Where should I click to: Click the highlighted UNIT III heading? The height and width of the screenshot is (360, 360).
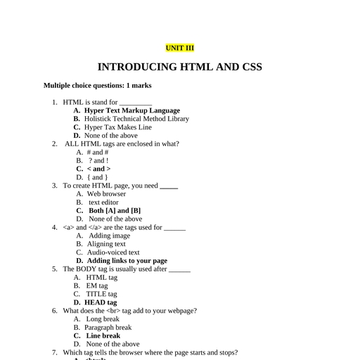click(x=179, y=48)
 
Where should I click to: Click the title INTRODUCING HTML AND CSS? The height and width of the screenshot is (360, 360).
click(x=179, y=67)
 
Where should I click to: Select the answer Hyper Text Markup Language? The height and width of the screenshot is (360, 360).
click(x=131, y=110)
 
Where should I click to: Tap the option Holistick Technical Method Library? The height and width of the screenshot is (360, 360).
click(x=136, y=119)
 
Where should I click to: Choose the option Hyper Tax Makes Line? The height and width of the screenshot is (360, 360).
click(x=117, y=127)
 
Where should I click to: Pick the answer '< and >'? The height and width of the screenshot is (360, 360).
click(x=98, y=169)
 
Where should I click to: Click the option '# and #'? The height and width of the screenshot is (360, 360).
click(x=97, y=152)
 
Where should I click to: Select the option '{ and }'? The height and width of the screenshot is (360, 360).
click(x=97, y=177)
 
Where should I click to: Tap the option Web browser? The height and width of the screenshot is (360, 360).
click(x=106, y=194)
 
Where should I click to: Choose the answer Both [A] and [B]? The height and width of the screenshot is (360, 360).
click(x=115, y=210)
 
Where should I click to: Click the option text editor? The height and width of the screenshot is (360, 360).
click(x=103, y=202)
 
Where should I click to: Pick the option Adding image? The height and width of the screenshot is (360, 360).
click(x=109, y=236)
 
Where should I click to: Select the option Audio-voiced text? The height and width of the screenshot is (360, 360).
click(x=113, y=252)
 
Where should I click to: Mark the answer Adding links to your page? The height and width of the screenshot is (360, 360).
click(x=127, y=261)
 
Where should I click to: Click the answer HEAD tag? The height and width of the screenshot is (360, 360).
click(x=101, y=302)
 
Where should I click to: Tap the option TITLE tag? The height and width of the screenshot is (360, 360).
click(x=101, y=294)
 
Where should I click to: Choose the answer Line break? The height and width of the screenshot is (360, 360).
click(x=103, y=335)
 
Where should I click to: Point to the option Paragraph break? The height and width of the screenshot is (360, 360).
click(x=108, y=327)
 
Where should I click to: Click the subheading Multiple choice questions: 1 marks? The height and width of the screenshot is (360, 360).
click(x=97, y=85)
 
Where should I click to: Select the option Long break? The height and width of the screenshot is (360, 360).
click(x=103, y=319)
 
